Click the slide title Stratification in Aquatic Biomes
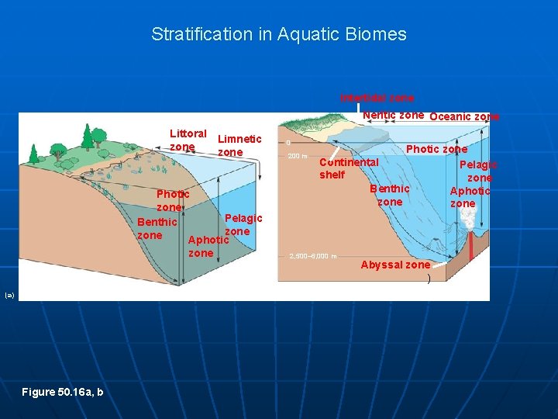[x=278, y=34]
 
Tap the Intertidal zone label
[x=377, y=99]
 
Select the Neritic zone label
[x=393, y=115]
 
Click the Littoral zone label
[x=188, y=140]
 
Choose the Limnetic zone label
[x=239, y=146]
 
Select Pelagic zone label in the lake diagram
[x=243, y=225]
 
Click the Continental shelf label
[x=348, y=168]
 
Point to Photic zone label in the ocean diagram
[x=436, y=149]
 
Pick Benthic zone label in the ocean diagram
[x=389, y=196]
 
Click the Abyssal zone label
[x=395, y=265]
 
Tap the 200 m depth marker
[x=298, y=156]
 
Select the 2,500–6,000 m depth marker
[x=312, y=256]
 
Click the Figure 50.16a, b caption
[x=62, y=392]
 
